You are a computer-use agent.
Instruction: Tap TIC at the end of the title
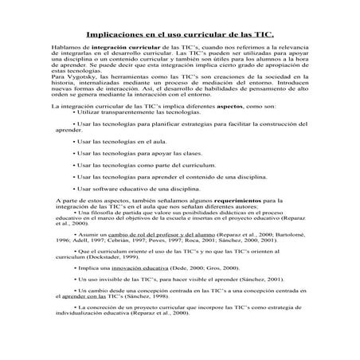tap(263, 37)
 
